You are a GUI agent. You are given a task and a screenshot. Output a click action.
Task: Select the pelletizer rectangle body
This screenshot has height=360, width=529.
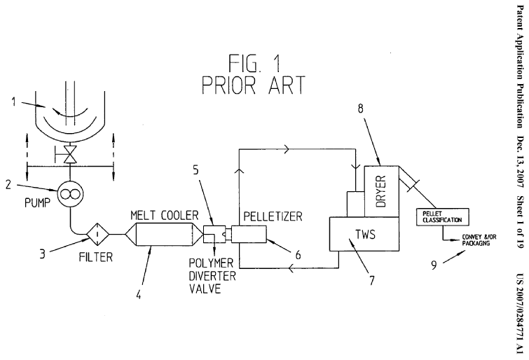(254, 234)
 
